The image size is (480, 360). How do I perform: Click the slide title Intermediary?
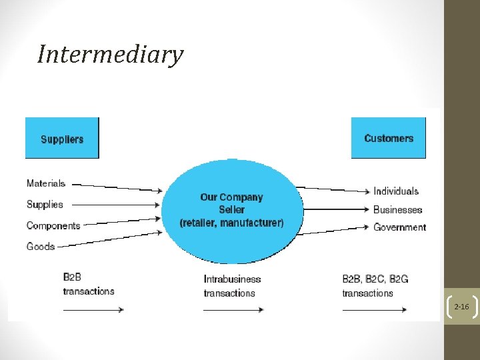coord(110,54)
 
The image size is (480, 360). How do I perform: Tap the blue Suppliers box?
coord(62,138)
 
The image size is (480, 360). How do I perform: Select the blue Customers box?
coord(389,137)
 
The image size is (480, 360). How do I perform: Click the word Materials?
coord(46,183)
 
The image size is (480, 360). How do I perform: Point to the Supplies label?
coord(45,204)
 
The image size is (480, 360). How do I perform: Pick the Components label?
coord(53,225)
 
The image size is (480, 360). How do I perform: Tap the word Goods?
coord(41,246)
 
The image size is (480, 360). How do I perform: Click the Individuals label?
coord(396,191)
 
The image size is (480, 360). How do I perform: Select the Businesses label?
coord(398,209)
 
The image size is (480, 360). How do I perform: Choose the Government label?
coord(400,227)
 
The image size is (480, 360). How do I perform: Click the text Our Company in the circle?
coord(231,197)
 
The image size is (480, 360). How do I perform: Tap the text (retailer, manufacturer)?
coord(231,223)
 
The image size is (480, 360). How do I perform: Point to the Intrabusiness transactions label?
coord(232,285)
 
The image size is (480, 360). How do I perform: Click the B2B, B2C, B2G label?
coord(375,279)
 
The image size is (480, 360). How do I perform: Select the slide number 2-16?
coord(461,307)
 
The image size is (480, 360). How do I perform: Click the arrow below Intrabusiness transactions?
coord(233,309)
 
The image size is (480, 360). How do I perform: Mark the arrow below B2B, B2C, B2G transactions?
coord(374,309)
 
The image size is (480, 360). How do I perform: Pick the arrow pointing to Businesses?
coord(333,209)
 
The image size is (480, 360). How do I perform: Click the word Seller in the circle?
coord(231,209)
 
